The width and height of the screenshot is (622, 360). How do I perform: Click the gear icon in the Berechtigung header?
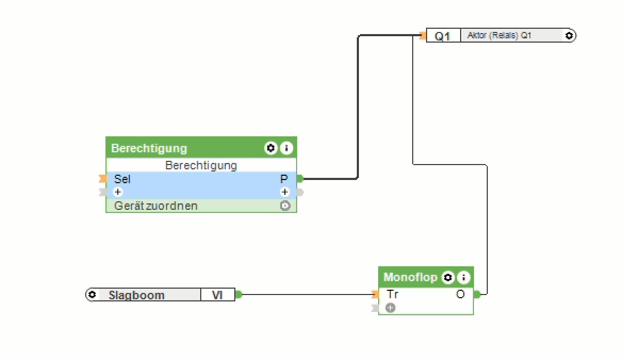tap(271, 148)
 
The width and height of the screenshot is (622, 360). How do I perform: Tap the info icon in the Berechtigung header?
tap(287, 148)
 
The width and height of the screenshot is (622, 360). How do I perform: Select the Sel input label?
tap(122, 179)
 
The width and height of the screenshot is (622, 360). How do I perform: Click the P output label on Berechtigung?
tap(284, 179)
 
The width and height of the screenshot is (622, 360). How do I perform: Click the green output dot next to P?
tap(300, 179)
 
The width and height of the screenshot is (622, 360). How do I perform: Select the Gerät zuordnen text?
tap(155, 206)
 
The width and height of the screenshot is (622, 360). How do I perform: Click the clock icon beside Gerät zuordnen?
tap(285, 206)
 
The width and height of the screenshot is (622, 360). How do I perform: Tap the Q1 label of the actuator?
tap(443, 36)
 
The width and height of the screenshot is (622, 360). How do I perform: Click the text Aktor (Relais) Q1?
tap(499, 36)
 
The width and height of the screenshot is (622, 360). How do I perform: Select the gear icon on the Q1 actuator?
tap(569, 36)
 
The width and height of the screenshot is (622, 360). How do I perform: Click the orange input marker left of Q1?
tap(423, 36)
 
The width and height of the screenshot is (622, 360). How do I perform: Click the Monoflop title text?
tap(410, 277)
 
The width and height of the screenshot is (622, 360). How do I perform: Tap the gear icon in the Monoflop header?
tap(448, 277)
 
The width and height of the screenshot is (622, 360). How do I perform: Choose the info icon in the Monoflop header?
tap(464, 277)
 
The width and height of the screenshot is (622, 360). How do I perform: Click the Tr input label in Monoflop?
tap(392, 294)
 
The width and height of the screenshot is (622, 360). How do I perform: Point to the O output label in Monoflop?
tap(460, 294)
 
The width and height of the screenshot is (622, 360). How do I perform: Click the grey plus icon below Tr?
tap(390, 307)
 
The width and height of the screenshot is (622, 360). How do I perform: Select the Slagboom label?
tap(136, 295)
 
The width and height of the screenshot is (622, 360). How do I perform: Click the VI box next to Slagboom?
tap(217, 295)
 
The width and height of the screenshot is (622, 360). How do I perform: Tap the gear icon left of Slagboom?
tap(92, 294)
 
